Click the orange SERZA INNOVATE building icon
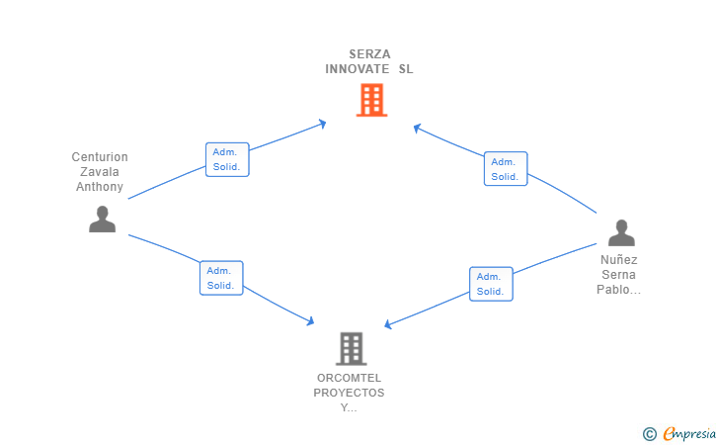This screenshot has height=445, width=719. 371,100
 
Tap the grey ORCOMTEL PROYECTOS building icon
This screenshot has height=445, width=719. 351,348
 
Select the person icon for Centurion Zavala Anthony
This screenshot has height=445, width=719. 102,220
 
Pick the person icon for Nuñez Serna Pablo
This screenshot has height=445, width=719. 620,233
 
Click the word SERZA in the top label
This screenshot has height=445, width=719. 369,54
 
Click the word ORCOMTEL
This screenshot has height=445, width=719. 349,378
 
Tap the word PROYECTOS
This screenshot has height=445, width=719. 349,393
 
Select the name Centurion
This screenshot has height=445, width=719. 100,157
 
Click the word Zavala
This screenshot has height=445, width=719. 100,172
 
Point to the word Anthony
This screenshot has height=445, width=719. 100,187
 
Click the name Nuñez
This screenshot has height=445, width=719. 619,260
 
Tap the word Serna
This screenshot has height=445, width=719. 619,275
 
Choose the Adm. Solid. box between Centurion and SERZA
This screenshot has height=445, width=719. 226,160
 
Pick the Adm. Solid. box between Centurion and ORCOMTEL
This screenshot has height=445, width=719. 220,278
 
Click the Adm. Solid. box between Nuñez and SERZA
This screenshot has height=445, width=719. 506,169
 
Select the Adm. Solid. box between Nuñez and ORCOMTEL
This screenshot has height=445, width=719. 491,284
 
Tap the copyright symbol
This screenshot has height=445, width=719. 649,433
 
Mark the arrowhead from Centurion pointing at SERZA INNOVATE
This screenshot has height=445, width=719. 321,124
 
